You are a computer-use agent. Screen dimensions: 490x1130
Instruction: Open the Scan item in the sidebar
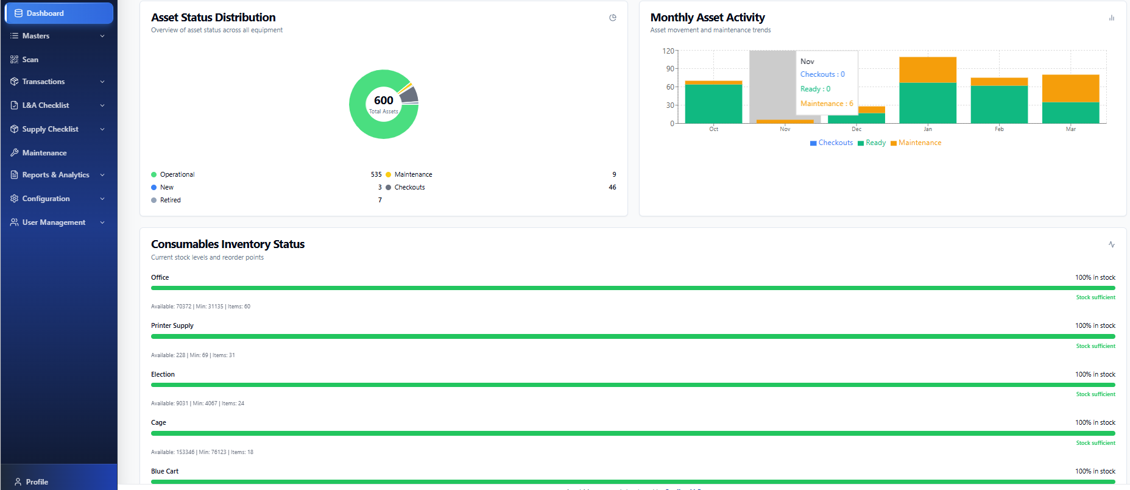(30, 60)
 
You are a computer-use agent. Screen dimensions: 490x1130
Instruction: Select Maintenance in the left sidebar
(44, 153)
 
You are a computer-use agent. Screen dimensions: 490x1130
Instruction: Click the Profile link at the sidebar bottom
(37, 481)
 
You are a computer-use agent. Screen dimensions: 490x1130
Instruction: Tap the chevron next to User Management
(102, 222)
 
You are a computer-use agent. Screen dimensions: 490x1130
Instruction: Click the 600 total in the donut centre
(384, 101)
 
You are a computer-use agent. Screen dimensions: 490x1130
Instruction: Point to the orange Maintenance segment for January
(928, 69)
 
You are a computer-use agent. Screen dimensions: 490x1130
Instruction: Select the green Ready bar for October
(713, 104)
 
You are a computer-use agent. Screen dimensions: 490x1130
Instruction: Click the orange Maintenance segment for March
(1070, 88)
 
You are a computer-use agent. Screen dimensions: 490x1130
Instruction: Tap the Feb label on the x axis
(999, 129)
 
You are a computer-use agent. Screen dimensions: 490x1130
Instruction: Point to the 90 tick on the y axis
(669, 69)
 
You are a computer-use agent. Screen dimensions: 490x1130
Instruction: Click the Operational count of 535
(376, 174)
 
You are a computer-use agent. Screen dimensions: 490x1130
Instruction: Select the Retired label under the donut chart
(170, 200)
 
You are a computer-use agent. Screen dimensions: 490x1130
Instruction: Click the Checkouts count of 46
(612, 187)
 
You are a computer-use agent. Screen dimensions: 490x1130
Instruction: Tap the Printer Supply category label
(172, 325)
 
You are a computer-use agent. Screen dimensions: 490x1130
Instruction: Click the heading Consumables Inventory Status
(228, 244)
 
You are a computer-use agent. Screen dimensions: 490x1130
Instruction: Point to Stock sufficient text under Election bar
(1095, 394)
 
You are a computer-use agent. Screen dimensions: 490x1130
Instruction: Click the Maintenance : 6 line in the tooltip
(827, 104)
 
